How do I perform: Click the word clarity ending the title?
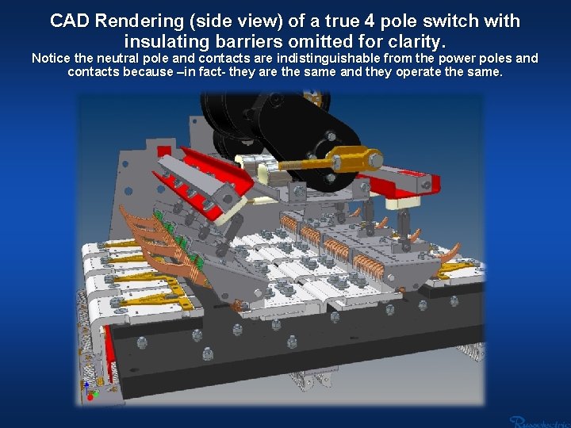pos(417,40)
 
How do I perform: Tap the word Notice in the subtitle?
pos(50,58)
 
